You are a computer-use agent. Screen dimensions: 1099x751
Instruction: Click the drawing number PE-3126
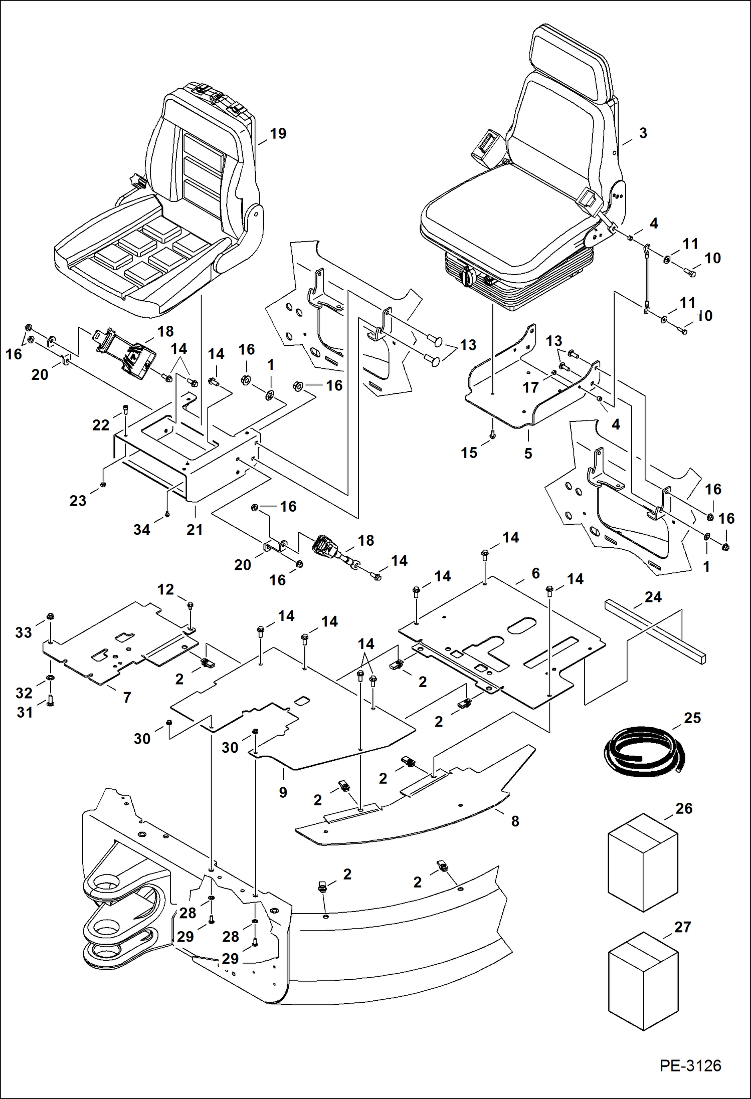690,1065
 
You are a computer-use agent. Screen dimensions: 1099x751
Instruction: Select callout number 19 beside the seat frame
278,134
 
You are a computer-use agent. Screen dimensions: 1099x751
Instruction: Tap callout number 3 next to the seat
643,133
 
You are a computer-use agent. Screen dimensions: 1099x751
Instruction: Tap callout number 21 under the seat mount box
195,529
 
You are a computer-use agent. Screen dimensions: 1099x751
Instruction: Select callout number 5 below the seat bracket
528,453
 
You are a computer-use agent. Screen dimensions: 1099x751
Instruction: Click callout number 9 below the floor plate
283,792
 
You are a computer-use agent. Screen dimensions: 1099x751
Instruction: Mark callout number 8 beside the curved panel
515,821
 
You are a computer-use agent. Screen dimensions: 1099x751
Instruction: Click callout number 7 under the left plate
127,697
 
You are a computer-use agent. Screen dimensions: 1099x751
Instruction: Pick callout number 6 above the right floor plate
535,573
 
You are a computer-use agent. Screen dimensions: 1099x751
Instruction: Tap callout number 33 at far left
24,632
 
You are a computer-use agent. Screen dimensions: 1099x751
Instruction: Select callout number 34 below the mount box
141,530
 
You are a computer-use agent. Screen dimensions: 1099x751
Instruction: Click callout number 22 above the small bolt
100,425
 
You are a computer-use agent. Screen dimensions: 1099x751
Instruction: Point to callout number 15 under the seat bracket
469,453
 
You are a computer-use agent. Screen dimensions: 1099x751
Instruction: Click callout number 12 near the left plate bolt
165,589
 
